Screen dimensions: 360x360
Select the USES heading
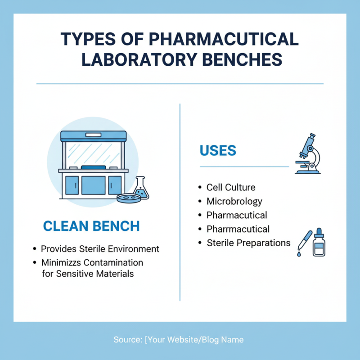218,150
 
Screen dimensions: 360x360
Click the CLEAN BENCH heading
91,226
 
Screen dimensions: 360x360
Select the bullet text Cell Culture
231,187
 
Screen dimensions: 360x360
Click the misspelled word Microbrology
234,201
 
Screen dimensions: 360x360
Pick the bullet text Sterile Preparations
248,243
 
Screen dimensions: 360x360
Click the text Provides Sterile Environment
100,249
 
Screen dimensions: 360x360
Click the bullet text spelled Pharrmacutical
238,229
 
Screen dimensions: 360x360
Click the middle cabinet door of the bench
93,185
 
